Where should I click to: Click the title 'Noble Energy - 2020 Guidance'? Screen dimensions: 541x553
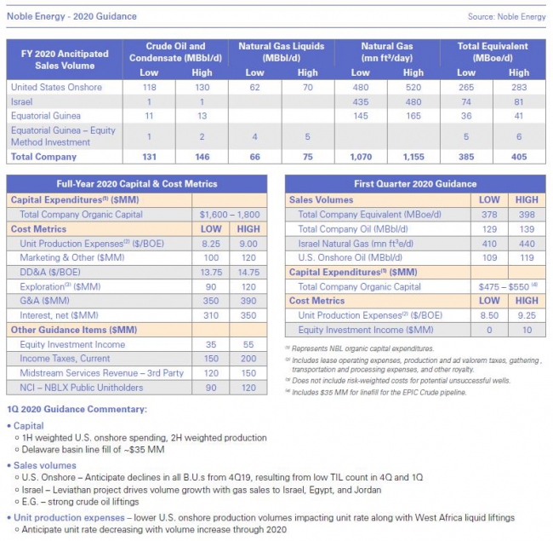(71, 16)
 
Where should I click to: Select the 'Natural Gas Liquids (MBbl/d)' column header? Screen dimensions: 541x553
(280, 52)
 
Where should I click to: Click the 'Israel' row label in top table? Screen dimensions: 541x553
(21, 101)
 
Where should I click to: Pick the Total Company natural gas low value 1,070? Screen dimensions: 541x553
(361, 157)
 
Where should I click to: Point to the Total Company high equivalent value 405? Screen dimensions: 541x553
(519, 157)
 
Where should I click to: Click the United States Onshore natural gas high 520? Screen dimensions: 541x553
(413, 87)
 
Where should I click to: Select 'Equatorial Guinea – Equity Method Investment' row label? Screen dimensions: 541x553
(63, 136)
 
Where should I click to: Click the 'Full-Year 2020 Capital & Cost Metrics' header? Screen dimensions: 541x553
(136, 183)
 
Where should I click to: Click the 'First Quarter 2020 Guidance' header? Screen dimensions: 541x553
(416, 183)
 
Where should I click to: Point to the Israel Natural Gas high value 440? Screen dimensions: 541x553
(527, 244)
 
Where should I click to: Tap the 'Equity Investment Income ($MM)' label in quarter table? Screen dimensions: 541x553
(366, 330)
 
